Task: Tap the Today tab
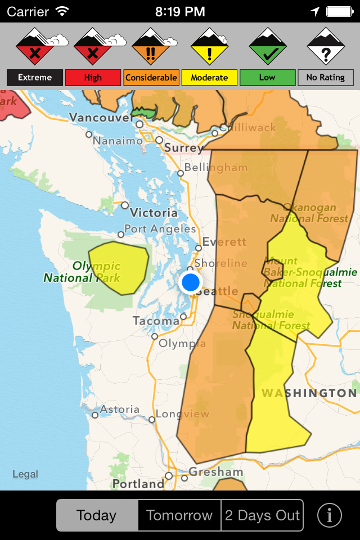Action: tap(97, 515)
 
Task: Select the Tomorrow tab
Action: tap(179, 515)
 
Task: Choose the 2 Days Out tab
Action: tap(262, 515)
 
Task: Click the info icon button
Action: tap(330, 515)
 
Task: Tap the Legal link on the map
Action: tap(25, 474)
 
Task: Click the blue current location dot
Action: tap(191, 282)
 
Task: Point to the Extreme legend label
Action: tap(35, 78)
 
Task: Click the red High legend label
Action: tap(93, 78)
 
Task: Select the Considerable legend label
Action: tap(151, 78)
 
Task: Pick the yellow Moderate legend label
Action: tap(209, 78)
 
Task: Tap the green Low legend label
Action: tap(267, 78)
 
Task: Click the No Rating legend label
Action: tap(325, 78)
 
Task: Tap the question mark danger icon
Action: tap(326, 47)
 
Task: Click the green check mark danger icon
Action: tap(268, 47)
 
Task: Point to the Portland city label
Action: tap(138, 484)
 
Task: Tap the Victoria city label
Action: tap(154, 213)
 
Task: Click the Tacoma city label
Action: tap(156, 321)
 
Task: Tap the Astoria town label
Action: tap(120, 409)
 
